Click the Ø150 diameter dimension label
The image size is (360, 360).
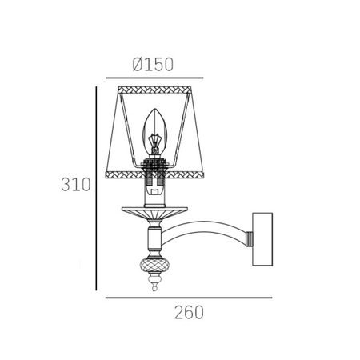click(153, 65)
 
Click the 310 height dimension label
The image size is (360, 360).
click(76, 184)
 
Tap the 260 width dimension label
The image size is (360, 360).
click(189, 312)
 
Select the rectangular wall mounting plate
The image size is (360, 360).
click(262, 239)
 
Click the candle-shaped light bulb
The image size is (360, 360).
click(154, 130)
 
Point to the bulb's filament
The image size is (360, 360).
click(154, 142)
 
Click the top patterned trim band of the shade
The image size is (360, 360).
click(155, 90)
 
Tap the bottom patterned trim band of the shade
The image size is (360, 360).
click(154, 175)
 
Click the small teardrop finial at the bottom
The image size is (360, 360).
click(154, 287)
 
